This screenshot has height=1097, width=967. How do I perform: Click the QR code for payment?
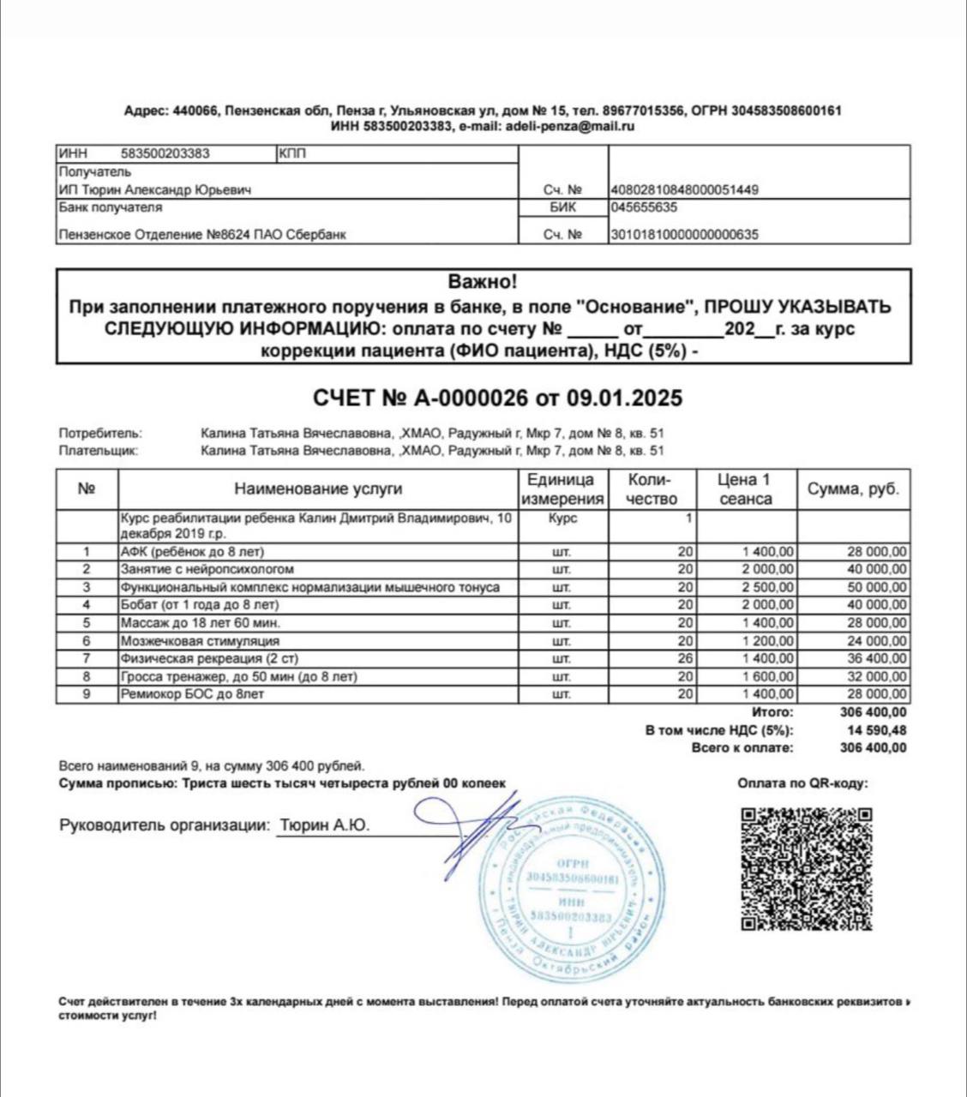[x=806, y=868]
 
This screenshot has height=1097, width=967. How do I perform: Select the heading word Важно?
[x=483, y=282]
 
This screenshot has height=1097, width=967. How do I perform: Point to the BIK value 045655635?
[x=644, y=207]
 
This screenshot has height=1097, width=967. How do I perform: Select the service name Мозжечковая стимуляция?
[x=188, y=641]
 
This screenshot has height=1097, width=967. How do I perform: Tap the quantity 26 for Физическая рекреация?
[x=684, y=658]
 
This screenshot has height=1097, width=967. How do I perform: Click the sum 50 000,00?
[x=876, y=587]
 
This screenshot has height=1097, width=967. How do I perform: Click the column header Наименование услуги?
[x=318, y=489]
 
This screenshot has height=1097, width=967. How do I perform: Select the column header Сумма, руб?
[x=853, y=489]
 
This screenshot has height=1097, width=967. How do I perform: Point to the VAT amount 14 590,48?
[x=874, y=730]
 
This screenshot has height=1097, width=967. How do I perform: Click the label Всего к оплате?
[x=742, y=747]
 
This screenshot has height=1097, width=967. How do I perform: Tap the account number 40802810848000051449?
[x=684, y=190]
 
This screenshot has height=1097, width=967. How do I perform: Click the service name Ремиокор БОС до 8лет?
[x=192, y=694]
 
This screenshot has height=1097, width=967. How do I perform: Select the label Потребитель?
[x=100, y=434]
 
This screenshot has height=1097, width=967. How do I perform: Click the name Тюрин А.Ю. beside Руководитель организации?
[x=324, y=825]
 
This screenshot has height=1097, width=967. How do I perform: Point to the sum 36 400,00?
[x=876, y=658]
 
